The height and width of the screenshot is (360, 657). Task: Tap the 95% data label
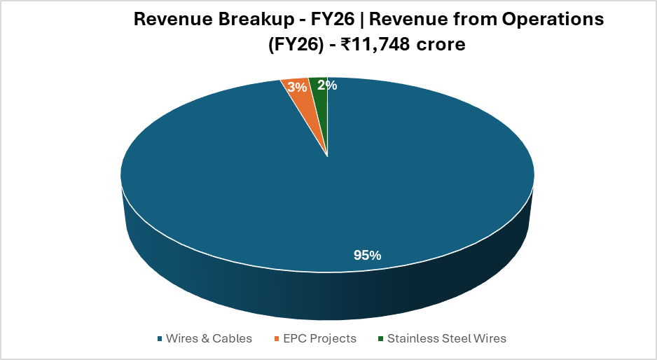point(368,255)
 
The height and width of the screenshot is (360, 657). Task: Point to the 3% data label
point(297,87)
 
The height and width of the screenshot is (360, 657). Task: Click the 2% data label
point(327,85)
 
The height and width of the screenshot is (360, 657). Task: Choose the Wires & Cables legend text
point(209,338)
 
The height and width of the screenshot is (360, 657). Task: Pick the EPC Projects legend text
point(319,338)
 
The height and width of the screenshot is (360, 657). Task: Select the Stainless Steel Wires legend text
point(447,338)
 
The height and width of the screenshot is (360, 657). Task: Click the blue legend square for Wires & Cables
point(160,338)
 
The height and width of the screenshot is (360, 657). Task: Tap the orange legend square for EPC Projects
point(277,338)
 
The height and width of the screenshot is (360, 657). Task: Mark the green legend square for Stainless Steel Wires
point(380,338)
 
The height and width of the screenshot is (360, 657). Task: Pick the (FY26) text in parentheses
point(296,44)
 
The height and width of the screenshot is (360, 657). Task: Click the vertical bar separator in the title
point(362,20)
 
